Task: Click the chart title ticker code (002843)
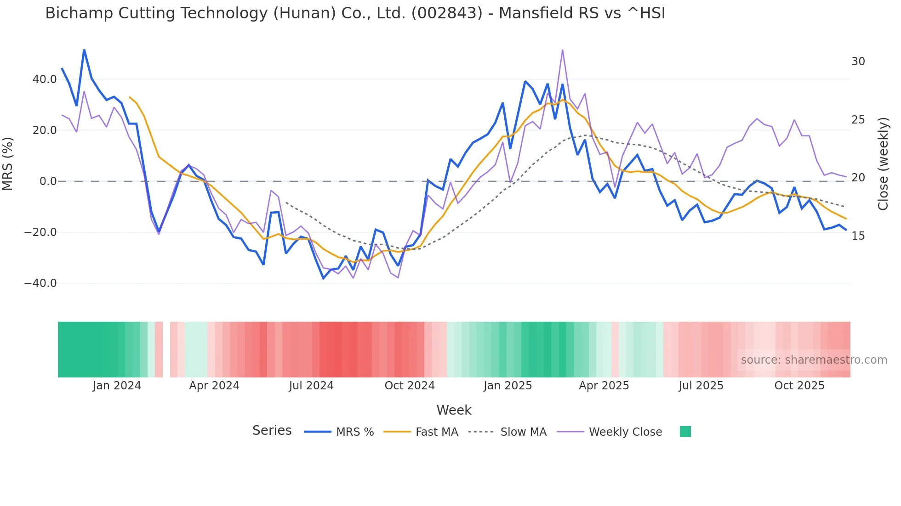tap(447, 13)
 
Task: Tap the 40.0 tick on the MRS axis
tap(45, 79)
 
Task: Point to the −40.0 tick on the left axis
tap(41, 283)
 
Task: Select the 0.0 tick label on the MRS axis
tap(48, 181)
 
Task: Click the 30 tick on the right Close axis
tap(858, 62)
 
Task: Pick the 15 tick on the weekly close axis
tap(858, 236)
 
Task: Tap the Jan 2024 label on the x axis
tap(117, 386)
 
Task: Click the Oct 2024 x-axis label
tap(410, 386)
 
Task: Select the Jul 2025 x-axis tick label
tap(701, 386)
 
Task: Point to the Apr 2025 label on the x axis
tap(604, 386)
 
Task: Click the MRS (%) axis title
tap(8, 163)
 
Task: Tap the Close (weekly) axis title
tap(883, 164)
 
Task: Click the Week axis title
tap(454, 410)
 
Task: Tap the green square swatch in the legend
tap(685, 432)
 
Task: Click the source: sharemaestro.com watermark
tap(814, 360)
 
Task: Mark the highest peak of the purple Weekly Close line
tap(563, 50)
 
